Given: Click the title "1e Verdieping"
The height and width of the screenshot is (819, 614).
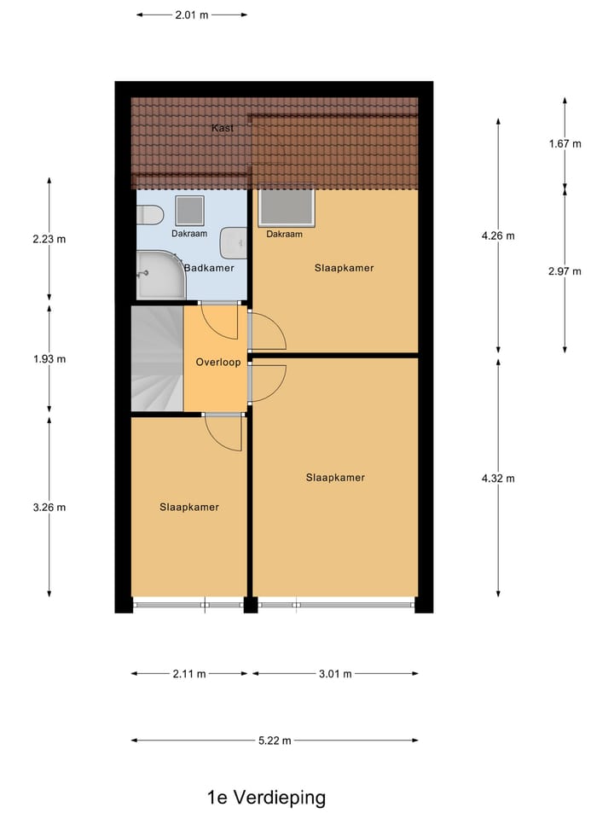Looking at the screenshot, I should [266, 799].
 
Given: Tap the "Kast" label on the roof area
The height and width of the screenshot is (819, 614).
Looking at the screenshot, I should [223, 128].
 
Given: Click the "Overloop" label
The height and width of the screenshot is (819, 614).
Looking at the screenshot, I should [218, 362].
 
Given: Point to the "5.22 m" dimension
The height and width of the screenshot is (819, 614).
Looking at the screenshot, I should [275, 741].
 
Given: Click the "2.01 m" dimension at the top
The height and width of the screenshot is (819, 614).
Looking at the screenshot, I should [192, 15].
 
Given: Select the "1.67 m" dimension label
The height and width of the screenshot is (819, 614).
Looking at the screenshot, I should [565, 143].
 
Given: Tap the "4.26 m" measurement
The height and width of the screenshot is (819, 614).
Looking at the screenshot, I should [498, 235].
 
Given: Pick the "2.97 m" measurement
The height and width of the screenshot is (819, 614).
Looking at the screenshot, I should [565, 271].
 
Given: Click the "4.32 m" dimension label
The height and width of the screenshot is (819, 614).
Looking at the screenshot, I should [498, 478].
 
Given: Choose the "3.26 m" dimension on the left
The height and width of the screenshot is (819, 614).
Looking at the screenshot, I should [49, 507].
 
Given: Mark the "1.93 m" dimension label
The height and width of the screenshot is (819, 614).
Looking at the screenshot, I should [49, 358].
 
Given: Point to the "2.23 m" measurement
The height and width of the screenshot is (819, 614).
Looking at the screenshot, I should [49, 239].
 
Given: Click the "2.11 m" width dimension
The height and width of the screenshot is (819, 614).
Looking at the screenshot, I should [189, 674].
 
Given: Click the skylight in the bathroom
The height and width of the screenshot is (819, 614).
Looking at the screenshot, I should [189, 210].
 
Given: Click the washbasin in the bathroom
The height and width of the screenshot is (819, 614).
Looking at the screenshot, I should [233, 244].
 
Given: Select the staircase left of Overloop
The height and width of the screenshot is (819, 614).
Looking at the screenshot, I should [157, 358].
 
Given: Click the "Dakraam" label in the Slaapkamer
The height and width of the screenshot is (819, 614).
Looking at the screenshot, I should [284, 234].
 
